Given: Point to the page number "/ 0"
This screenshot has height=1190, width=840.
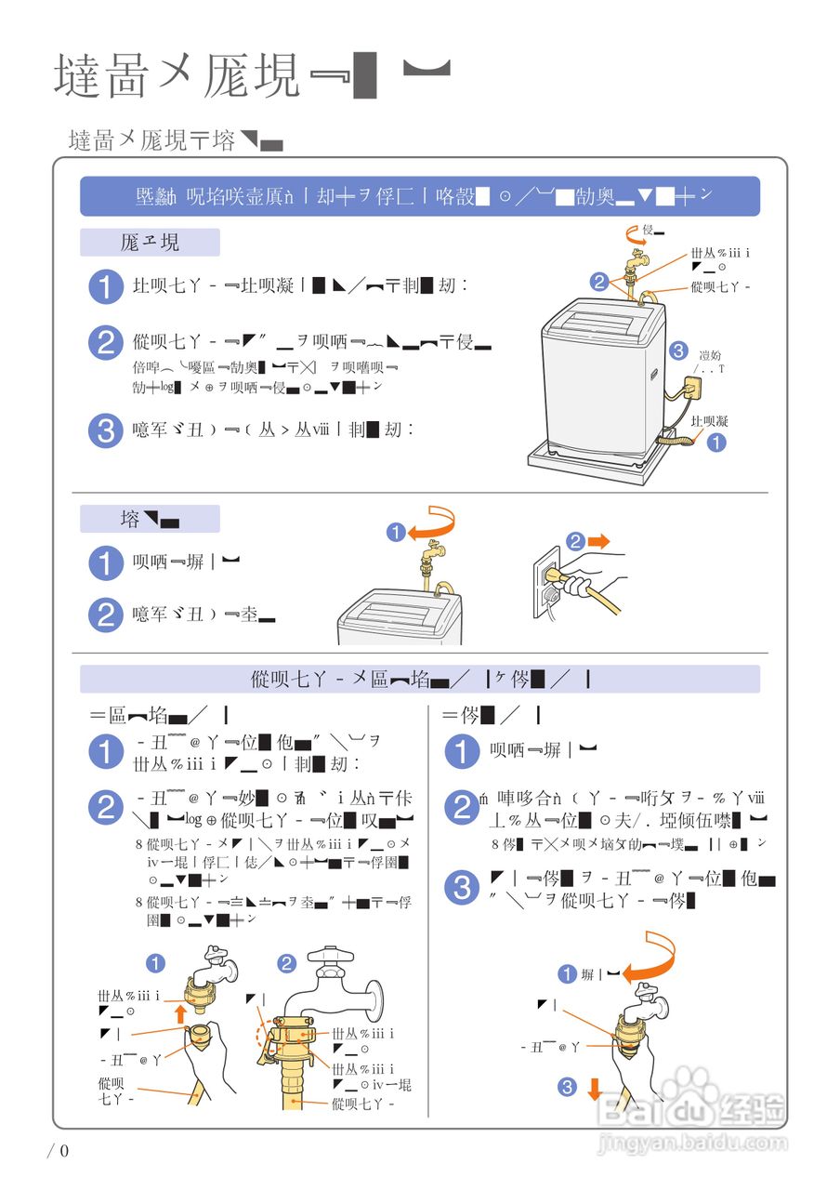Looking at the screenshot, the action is point(59,1151).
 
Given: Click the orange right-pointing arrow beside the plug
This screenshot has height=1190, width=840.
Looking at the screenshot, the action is point(598,541).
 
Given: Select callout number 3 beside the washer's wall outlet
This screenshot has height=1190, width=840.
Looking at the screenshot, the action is point(678,350).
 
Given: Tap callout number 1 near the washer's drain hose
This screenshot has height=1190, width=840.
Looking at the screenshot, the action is point(715,443).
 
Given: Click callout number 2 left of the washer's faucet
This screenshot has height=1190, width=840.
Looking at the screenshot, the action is point(599,281).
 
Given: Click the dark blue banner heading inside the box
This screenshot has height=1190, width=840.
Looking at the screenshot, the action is point(419,196).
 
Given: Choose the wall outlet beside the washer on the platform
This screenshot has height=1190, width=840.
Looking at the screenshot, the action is point(695,385).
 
